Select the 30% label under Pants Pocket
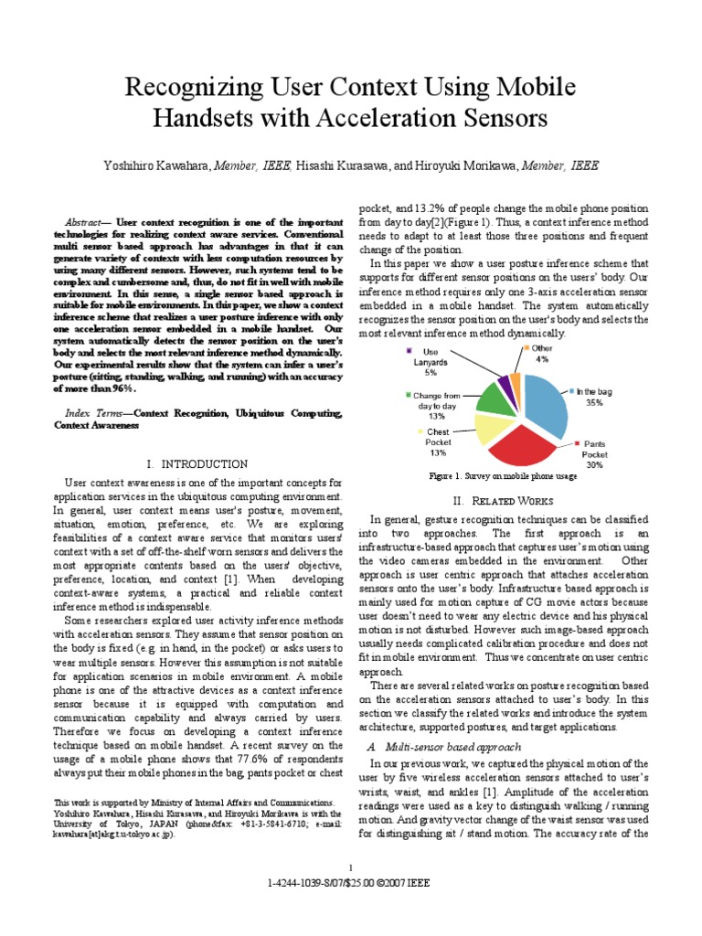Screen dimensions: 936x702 click(x=594, y=464)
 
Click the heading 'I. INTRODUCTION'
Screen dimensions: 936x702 click(x=197, y=464)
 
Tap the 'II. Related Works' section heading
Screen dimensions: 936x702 click(x=504, y=501)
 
